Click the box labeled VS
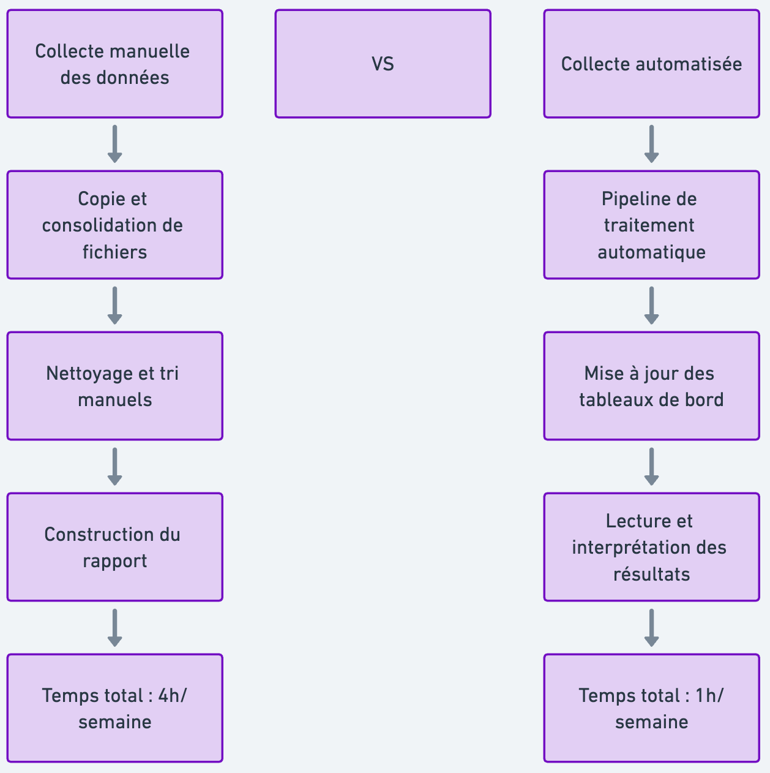383,64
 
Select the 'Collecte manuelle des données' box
114,64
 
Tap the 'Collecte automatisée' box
651,64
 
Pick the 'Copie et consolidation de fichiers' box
114,225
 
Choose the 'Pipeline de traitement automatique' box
651,225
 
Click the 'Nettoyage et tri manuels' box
114,386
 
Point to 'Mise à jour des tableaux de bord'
651,386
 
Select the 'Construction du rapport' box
114,547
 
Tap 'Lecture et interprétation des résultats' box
651,547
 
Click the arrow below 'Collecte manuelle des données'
114,145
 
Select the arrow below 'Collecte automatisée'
651,145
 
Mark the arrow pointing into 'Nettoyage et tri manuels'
114,306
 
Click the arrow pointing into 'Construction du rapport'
114,467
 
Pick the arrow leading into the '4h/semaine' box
114,628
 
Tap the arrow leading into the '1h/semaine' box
651,628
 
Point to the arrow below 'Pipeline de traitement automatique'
651,306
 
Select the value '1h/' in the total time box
709,696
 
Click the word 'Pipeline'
627,199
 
